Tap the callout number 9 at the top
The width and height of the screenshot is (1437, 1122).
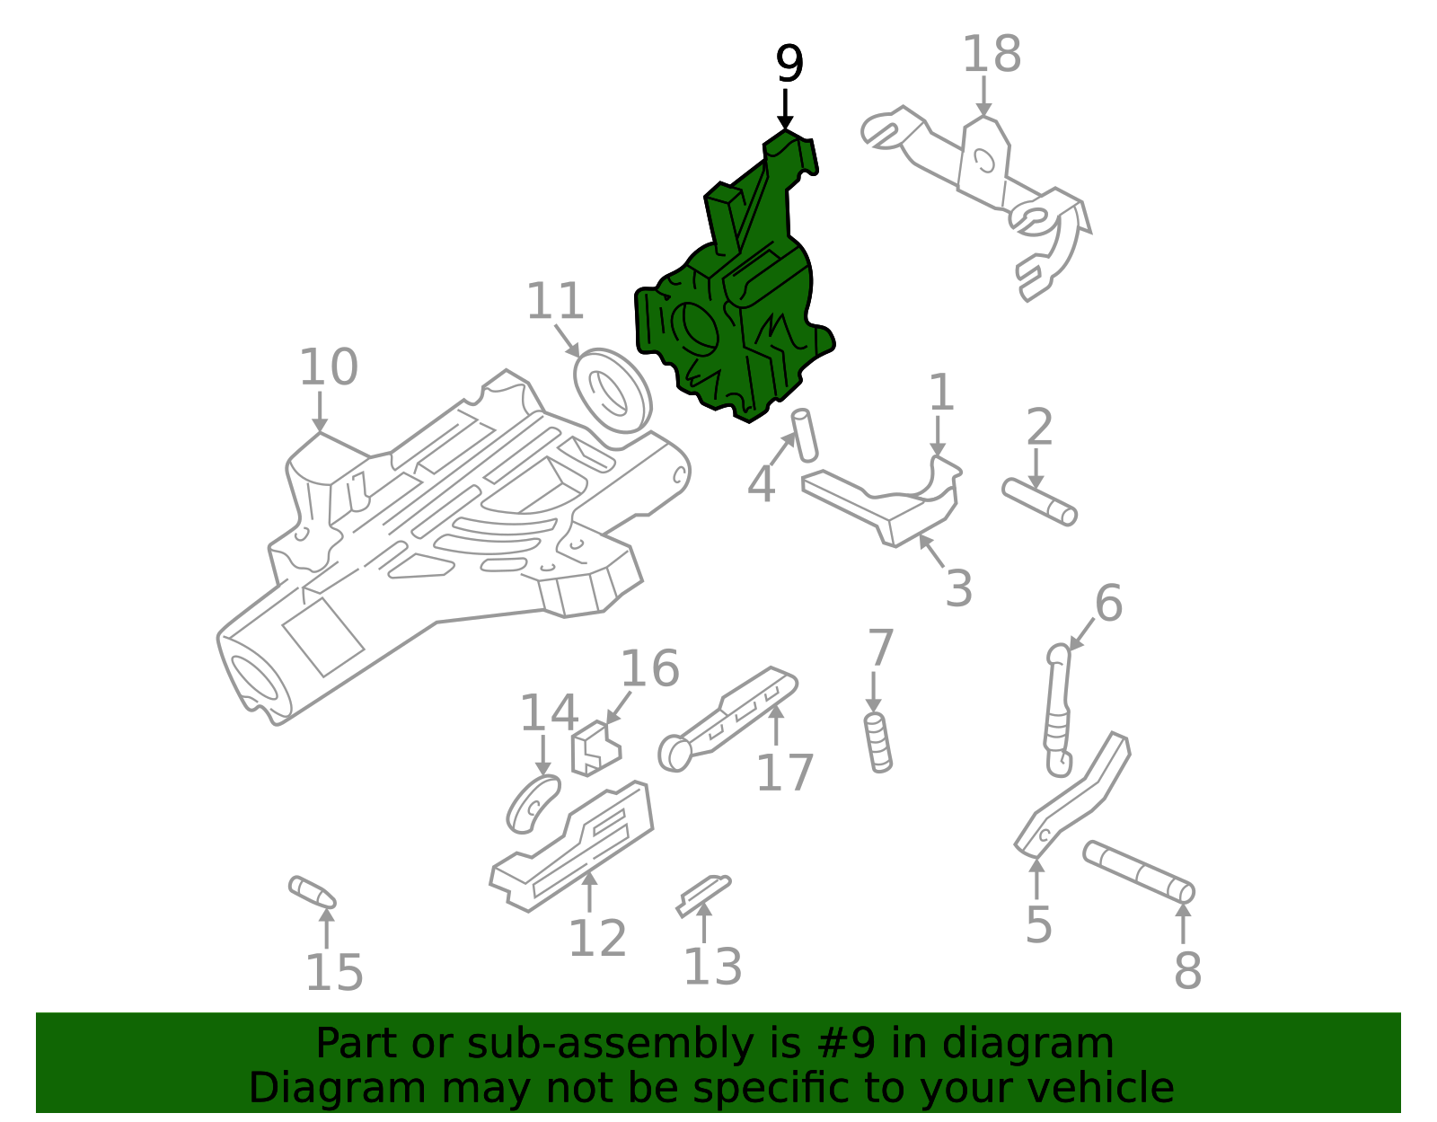coord(789,65)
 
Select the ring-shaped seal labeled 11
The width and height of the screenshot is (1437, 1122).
coord(611,392)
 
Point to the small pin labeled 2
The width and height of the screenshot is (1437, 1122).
coord(1039,501)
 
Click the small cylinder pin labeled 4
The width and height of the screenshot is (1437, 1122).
coord(805,434)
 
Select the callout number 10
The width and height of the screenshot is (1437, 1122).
coord(328,367)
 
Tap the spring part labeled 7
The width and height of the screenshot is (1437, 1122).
coord(877,742)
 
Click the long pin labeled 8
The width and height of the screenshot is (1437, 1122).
coord(1138,871)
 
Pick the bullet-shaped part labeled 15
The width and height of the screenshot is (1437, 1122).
coord(312,892)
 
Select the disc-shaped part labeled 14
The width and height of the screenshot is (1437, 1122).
coord(533,803)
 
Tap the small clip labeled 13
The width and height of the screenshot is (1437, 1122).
coord(703,895)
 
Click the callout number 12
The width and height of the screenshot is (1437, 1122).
coord(597,939)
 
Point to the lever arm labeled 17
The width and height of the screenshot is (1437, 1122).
coord(727,714)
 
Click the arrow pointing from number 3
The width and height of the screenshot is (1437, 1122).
coord(931,549)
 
